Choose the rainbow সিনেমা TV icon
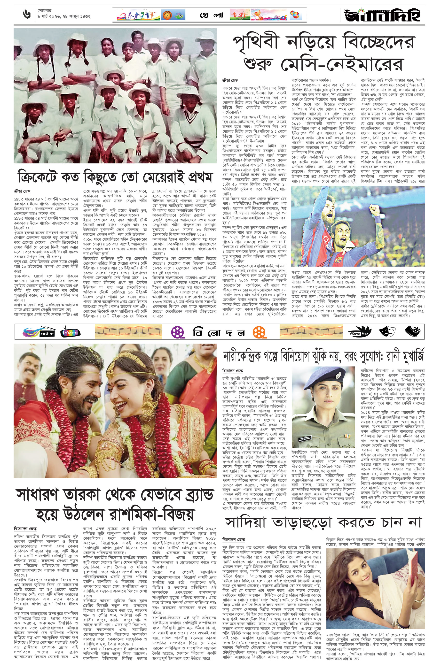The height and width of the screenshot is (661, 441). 70,332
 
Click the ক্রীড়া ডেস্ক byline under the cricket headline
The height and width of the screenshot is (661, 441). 22,191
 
